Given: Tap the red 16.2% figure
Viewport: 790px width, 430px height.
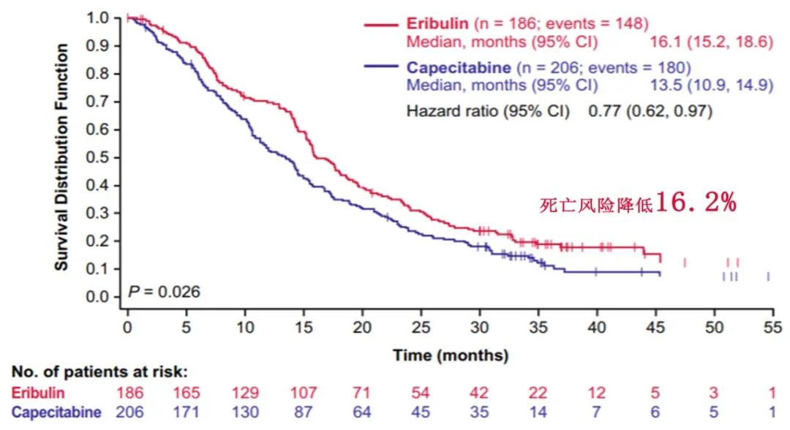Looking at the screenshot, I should (x=696, y=203).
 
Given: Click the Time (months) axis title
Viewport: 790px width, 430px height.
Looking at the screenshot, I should (x=450, y=356).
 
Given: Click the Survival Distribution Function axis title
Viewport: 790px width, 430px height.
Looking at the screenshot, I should (x=63, y=156).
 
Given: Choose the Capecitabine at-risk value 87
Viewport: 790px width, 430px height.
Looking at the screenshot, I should (x=304, y=412).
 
